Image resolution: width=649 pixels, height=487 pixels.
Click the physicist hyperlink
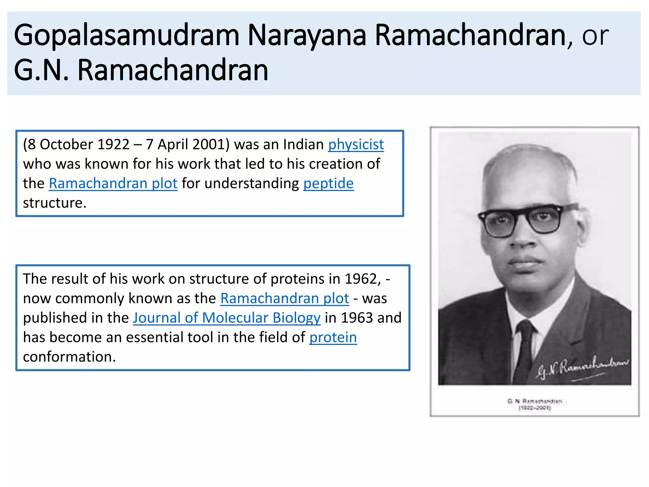[x=356, y=145]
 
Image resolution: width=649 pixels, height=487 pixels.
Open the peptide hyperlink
[x=328, y=184]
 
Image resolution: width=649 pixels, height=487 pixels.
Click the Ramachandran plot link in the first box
[x=113, y=184]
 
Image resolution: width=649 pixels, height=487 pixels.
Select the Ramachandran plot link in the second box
[x=285, y=298]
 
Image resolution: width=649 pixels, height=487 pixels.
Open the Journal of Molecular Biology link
[x=227, y=318]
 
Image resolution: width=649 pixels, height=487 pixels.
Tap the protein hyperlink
[x=333, y=337]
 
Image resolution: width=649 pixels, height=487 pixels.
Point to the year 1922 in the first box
[x=113, y=145]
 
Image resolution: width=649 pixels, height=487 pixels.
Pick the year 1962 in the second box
[x=362, y=279]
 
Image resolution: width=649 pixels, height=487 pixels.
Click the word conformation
[x=69, y=357]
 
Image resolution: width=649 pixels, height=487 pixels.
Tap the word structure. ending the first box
[x=55, y=203]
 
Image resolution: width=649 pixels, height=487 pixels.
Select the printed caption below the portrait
[x=534, y=405]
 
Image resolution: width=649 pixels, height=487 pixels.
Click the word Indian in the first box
[x=303, y=145]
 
